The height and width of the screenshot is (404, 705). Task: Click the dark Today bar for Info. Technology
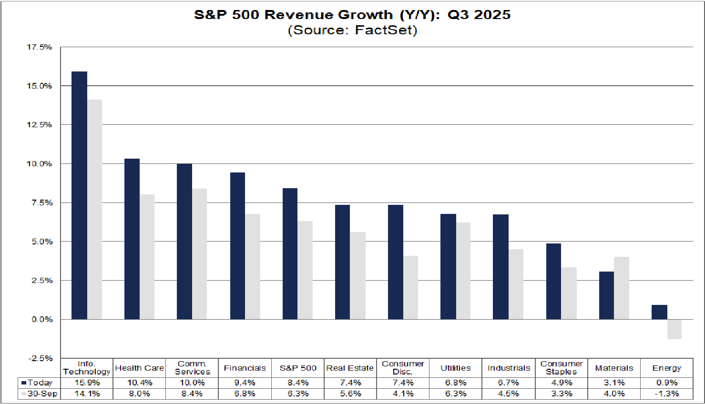79,195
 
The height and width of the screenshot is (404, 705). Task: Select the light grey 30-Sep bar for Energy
674,329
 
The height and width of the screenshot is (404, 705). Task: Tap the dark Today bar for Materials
606,295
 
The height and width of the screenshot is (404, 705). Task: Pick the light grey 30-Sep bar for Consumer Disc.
410,288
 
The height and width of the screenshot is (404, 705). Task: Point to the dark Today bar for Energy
659,312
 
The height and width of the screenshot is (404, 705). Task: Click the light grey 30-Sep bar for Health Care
147,257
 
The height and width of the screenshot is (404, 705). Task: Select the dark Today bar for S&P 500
290,254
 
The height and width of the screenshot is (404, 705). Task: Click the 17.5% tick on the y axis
39,47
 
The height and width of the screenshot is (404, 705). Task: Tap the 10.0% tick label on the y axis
39,164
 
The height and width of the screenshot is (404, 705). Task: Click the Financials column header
245,368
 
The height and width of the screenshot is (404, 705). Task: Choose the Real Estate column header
350,368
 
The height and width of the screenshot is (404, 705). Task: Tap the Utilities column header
455,368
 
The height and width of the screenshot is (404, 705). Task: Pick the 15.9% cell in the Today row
87,383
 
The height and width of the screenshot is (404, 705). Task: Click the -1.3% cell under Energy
666,394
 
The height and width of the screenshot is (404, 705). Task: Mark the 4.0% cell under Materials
614,394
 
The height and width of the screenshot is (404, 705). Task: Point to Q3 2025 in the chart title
479,15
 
